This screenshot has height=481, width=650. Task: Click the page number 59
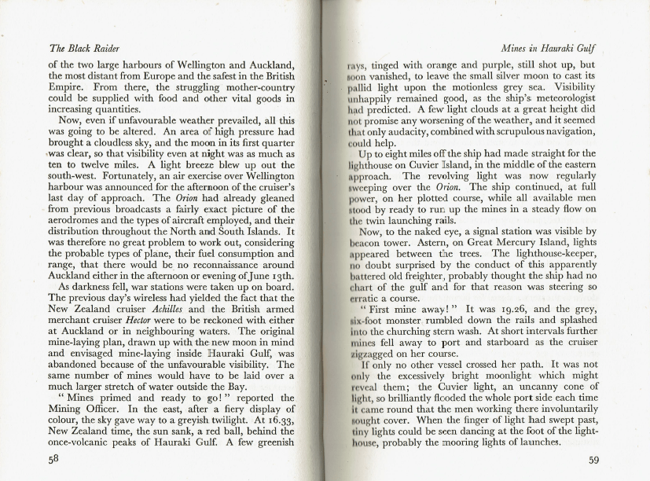(x=595, y=461)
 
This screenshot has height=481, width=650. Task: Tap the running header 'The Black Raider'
(x=79, y=49)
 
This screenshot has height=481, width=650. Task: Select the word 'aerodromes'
(x=78, y=215)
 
